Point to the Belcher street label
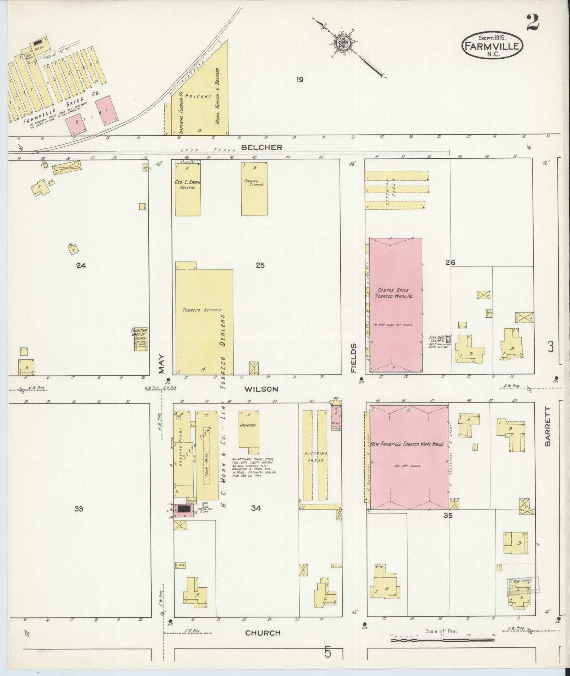pos(262,147)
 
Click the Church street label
pos(263,633)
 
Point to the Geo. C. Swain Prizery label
pos(187,185)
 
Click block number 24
pos(81,266)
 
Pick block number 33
pos(78,509)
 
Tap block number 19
pos(300,80)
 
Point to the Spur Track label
pos(212,150)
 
